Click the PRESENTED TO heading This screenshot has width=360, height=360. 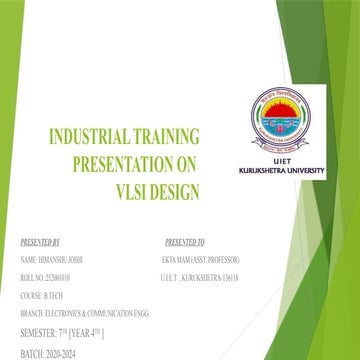click(x=184, y=243)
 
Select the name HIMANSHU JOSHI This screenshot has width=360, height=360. click(x=66, y=259)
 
